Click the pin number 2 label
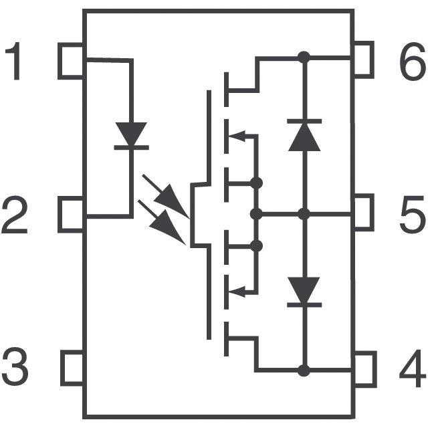15,215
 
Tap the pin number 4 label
411,368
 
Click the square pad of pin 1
72,61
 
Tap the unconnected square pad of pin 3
72,367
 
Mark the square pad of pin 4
364,367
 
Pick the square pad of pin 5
363,213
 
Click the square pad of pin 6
363,59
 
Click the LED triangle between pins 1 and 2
131,134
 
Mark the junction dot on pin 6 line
304,58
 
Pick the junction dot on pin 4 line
304,369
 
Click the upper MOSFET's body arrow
235,136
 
